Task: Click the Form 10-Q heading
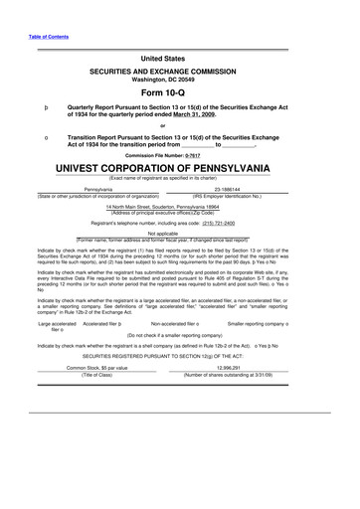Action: click(179, 89)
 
